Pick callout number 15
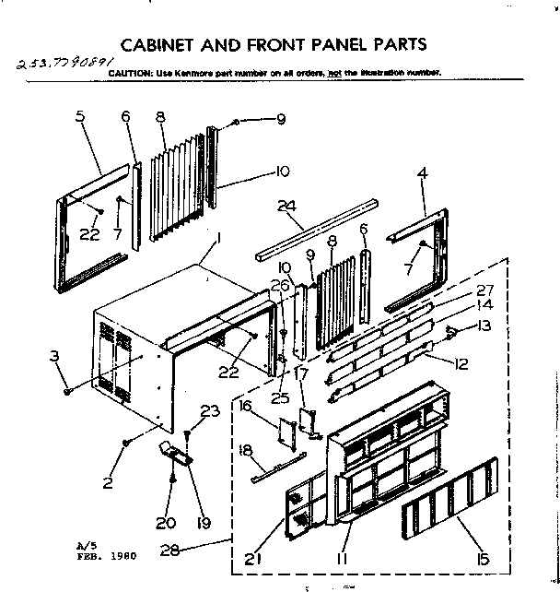click(481, 558)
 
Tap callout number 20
click(167, 523)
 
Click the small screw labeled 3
click(68, 391)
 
